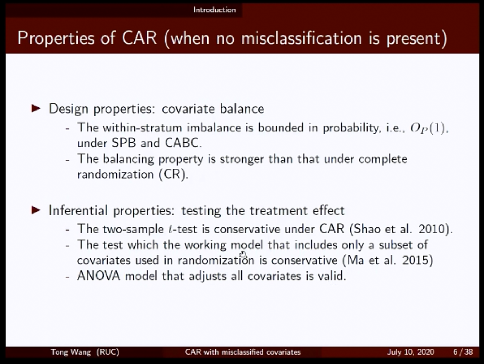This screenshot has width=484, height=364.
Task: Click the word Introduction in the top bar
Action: click(214, 10)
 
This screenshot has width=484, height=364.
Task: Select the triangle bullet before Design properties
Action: click(36, 108)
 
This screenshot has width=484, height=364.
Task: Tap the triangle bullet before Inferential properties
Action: click(36, 210)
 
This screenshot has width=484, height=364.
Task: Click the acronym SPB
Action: click(124, 143)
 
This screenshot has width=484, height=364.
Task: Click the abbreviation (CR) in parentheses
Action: click(173, 174)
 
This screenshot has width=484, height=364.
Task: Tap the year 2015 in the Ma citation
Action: click(416, 260)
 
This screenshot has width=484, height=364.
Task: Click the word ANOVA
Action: click(99, 276)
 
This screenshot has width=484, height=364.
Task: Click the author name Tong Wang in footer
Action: click(71, 352)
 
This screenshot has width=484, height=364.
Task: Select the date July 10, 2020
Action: click(411, 352)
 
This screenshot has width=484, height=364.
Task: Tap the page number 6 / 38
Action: click(463, 352)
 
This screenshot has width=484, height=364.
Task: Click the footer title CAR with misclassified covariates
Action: click(243, 352)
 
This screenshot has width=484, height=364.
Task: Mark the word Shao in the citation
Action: click(367, 229)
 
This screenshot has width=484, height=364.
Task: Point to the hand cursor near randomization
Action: click(243, 254)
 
